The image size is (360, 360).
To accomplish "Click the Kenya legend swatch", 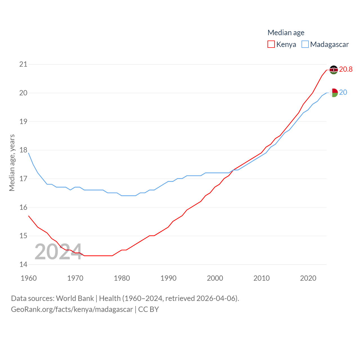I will (271, 44).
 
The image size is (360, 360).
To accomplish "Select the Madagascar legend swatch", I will (305, 44).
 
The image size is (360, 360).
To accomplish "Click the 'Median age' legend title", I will (286, 33).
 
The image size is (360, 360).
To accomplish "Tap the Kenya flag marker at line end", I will (334, 70).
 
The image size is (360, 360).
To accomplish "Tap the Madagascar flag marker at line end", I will (334, 93).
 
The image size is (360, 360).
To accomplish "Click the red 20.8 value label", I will (346, 69).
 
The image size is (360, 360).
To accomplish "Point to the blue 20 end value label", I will (343, 92).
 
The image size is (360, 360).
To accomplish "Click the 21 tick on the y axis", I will (23, 64).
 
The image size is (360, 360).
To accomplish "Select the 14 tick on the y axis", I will (23, 264).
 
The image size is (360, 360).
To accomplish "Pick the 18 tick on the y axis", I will (23, 150).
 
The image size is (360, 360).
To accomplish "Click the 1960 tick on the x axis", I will (29, 278).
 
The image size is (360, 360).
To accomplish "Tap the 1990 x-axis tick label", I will (168, 278).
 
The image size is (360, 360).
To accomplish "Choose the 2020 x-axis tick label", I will (308, 278).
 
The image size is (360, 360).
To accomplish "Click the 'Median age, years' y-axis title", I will (12, 163).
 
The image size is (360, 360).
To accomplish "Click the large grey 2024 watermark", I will (58, 252).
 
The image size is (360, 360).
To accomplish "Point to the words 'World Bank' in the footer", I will (75, 298).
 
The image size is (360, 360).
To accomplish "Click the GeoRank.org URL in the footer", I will (72, 309).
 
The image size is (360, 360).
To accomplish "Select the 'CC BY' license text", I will (148, 309).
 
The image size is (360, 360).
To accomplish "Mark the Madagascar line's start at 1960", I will (29, 153).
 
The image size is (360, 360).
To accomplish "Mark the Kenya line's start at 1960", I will (29, 216).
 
